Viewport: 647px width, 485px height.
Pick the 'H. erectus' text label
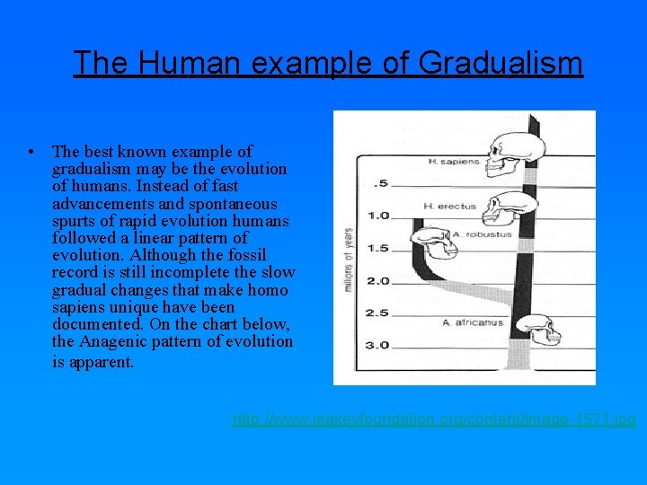click(449, 207)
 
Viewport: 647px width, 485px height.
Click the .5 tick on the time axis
click(381, 183)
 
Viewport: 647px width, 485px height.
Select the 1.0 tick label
click(377, 216)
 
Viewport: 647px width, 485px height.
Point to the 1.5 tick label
click(377, 248)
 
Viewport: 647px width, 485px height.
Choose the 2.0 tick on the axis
click(377, 281)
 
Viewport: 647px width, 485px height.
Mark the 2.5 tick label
click(377, 313)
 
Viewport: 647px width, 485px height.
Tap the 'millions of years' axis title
click(347, 260)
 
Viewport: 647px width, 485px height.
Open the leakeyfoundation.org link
click(434, 419)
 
